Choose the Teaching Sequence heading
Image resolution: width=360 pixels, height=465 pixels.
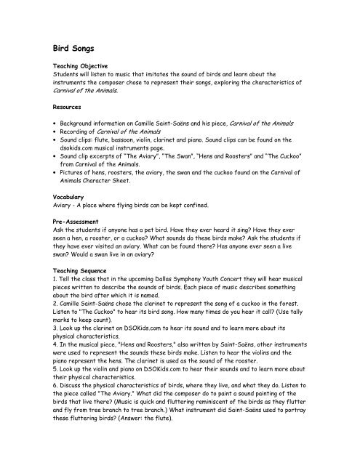(x=77, y=269)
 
